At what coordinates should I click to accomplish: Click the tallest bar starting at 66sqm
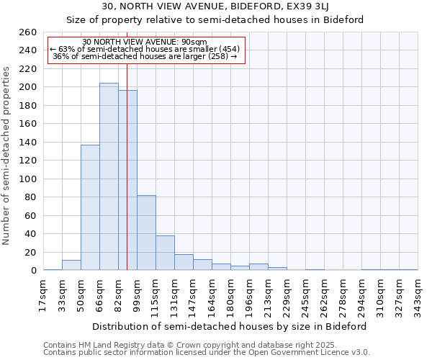point(109,176)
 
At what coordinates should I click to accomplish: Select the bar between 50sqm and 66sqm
point(90,207)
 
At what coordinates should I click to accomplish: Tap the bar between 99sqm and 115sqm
point(146,233)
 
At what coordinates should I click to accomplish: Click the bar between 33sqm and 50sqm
point(71,265)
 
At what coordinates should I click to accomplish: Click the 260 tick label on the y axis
point(27,32)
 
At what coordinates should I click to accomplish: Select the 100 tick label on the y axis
point(27,179)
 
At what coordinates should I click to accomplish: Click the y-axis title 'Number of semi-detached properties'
point(7,156)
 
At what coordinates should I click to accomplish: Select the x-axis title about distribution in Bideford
point(230,326)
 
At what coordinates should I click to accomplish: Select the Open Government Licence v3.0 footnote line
point(206,352)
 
